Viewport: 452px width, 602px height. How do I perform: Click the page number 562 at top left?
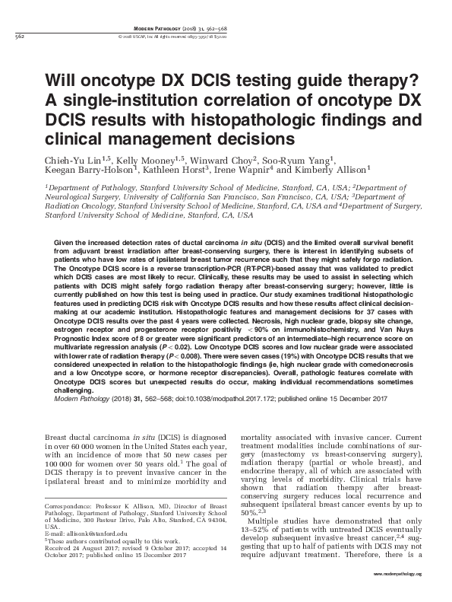tap(21, 35)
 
